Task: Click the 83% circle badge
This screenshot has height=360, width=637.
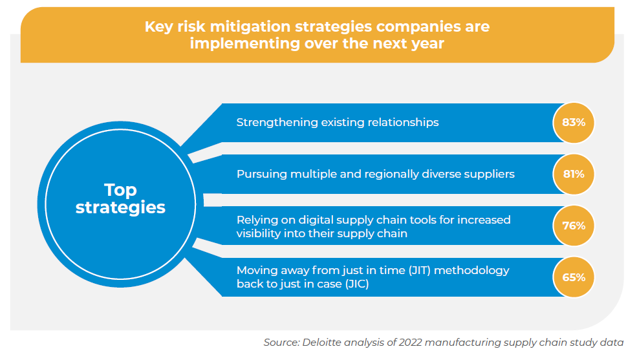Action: pos(573,122)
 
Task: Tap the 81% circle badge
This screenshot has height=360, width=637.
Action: pos(573,174)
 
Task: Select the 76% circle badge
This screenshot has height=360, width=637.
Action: pos(573,226)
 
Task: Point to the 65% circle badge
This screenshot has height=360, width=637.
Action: pos(573,277)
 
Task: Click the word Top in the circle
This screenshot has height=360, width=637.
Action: pos(120,189)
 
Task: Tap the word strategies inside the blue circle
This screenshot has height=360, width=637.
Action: pos(120,207)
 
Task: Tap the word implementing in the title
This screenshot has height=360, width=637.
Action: pos(241,45)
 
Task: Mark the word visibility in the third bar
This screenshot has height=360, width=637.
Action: pos(261,233)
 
